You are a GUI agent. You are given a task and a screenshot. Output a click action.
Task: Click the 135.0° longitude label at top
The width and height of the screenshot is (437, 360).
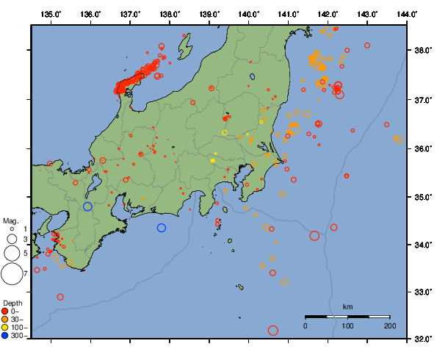point(51,14)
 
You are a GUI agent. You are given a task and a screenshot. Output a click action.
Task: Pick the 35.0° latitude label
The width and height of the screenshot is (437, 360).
point(421,197)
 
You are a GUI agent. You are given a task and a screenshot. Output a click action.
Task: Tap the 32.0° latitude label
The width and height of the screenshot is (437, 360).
point(421,339)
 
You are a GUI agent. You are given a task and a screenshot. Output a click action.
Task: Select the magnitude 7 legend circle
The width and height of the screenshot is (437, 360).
point(11,274)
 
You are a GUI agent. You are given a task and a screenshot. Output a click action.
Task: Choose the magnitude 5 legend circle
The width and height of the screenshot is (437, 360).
point(11,253)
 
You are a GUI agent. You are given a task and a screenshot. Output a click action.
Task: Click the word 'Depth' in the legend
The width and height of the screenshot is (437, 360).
point(12,303)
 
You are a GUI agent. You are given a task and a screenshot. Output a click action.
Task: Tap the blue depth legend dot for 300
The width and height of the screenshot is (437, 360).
point(5,336)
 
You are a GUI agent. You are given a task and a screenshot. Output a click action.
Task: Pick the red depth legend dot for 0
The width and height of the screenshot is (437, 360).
point(5,311)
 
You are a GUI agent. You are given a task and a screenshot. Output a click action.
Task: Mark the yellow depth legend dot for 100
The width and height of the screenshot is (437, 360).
point(5,328)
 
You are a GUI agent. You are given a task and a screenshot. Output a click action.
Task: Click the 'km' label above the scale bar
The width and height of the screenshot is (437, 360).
point(347,306)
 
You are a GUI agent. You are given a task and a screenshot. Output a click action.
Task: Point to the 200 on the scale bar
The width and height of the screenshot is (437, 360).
point(389,325)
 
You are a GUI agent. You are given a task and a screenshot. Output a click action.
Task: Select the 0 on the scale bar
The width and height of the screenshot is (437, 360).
point(306,325)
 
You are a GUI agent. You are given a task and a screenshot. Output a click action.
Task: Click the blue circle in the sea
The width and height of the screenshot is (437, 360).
point(162,228)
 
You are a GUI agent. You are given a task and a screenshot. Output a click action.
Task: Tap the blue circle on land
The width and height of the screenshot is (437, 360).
point(87,206)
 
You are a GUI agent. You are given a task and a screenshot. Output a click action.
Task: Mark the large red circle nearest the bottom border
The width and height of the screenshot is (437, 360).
point(273,331)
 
